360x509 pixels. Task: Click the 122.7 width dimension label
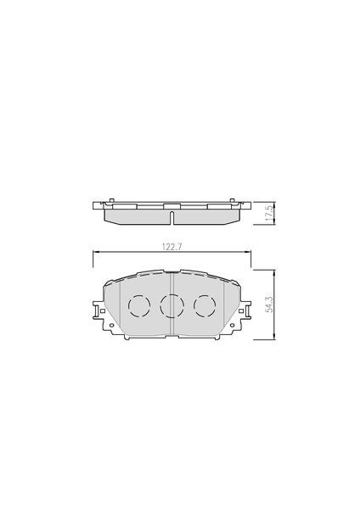[172, 247]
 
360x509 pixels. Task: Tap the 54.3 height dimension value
[270, 305]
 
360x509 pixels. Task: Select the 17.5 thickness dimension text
[269, 213]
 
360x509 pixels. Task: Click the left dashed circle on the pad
[139, 305]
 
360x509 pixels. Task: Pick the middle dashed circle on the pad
[172, 305]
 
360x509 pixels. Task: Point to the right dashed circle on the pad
[205, 305]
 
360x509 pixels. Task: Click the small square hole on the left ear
[103, 310]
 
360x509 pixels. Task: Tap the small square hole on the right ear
[241, 310]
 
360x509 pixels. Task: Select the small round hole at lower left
[112, 325]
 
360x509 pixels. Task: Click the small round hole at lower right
[232, 325]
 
